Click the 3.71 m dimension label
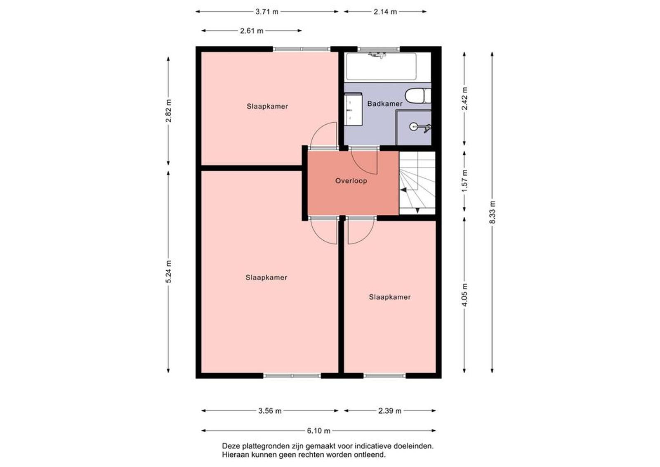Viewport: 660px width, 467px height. click(x=266, y=12)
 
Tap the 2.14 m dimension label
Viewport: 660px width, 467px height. click(x=385, y=12)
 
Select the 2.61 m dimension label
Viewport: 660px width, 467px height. click(x=252, y=31)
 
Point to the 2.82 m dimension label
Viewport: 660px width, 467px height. click(x=169, y=111)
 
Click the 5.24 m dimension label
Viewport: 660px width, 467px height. click(x=169, y=271)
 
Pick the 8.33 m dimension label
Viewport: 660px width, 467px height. click(x=493, y=212)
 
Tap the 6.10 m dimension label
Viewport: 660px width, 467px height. click(x=319, y=431)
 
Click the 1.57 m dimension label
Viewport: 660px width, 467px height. click(x=464, y=181)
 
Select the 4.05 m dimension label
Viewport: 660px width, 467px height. click(x=464, y=295)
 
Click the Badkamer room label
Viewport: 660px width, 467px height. click(x=385, y=104)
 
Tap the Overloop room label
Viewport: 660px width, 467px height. click(x=351, y=181)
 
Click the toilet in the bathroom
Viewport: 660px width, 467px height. click(x=418, y=96)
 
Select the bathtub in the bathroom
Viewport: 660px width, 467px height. click(x=381, y=66)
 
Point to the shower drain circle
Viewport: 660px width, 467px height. click(x=413, y=127)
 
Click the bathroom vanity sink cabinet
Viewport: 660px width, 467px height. click(x=353, y=109)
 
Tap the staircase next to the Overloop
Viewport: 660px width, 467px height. click(x=417, y=183)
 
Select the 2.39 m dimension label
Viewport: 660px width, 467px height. click(x=390, y=411)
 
